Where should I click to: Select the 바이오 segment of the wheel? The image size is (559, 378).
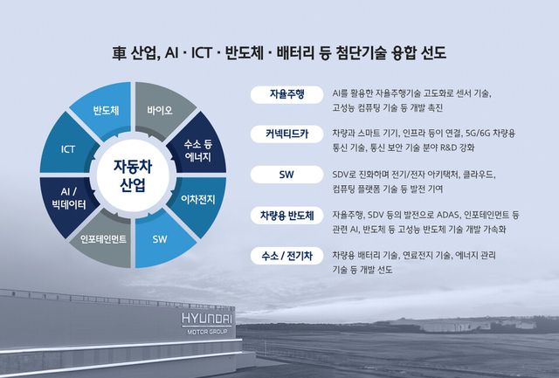(160, 111)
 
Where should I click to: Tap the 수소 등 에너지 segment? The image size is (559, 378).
(200, 148)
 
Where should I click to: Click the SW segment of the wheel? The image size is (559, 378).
(160, 237)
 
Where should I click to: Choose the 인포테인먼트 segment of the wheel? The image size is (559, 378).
(105, 237)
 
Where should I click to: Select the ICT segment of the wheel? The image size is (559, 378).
(68, 149)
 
